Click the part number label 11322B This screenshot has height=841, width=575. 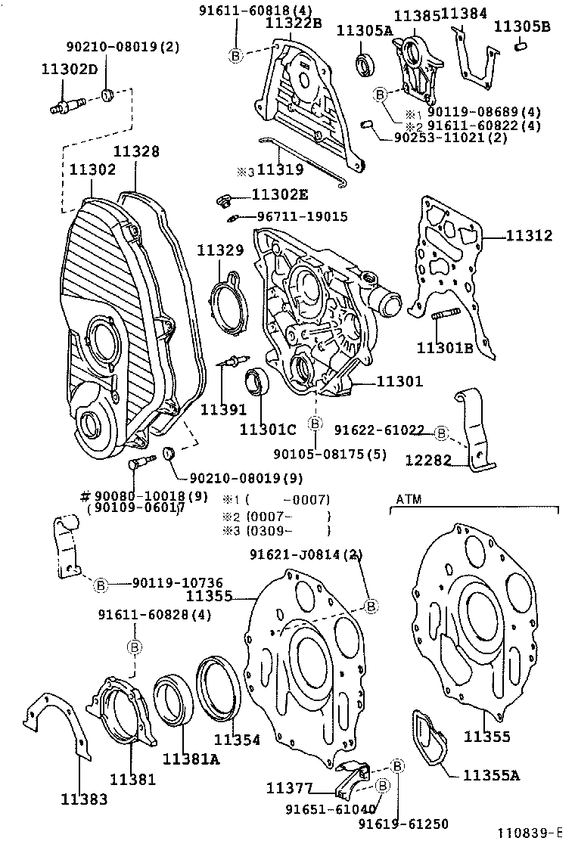click(293, 23)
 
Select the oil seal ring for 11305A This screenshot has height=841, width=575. click(366, 66)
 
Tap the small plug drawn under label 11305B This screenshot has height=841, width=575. click(521, 48)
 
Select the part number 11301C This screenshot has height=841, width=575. click(268, 430)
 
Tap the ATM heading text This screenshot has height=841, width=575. click(408, 499)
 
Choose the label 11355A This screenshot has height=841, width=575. click(492, 774)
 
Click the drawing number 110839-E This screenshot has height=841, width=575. click(533, 833)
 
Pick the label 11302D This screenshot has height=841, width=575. click(69, 69)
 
